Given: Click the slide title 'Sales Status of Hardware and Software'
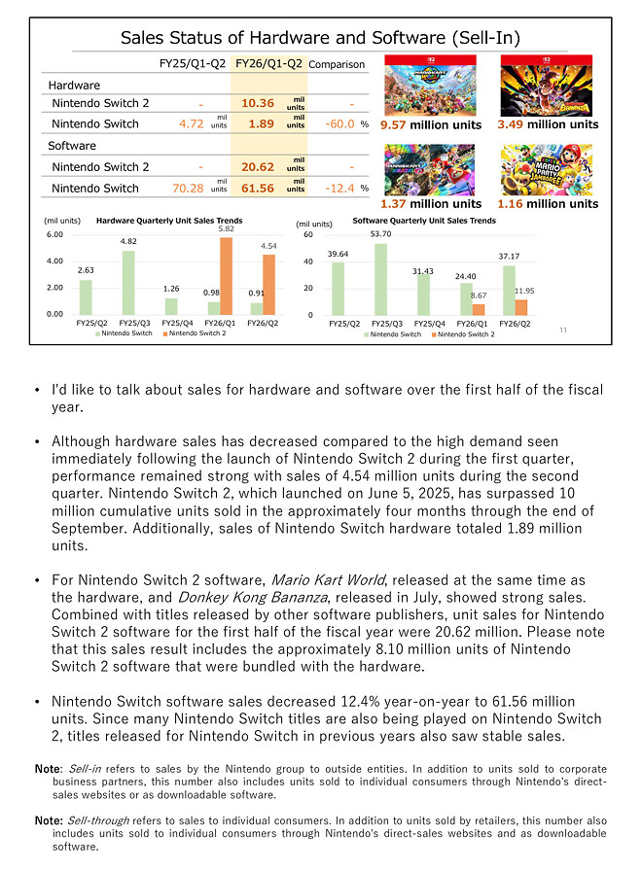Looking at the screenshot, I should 320,38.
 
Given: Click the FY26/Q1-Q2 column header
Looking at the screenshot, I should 267,64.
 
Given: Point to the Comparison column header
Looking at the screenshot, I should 337,65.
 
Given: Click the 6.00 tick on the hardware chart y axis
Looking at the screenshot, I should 54,234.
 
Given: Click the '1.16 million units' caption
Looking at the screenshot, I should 547,204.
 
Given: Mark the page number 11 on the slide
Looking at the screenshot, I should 563,331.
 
